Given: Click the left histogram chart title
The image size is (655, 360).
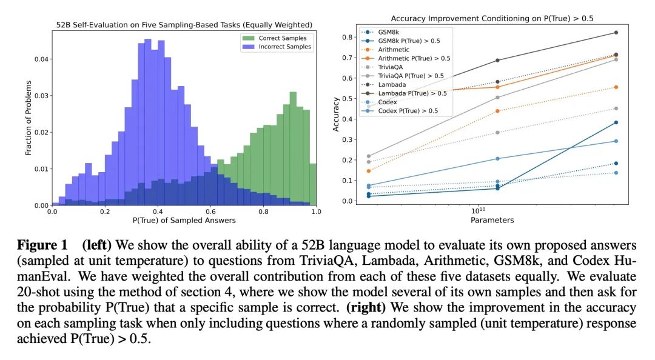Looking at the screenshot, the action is pos(184,25).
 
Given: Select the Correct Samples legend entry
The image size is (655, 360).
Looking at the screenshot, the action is pos(275,38).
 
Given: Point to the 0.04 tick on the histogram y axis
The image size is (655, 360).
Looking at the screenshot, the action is pos(41,59).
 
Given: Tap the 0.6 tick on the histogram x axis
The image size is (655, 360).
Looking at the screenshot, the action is pos(210,212).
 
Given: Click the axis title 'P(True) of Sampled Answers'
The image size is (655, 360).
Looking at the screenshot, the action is pos(184,221).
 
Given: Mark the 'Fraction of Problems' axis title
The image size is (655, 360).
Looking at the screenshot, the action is pos(29,118).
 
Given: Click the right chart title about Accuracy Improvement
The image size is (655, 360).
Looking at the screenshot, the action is pos(492,18).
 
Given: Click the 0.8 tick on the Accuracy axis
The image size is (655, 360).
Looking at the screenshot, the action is pos(347,37).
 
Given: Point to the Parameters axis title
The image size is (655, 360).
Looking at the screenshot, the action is pos(492,220).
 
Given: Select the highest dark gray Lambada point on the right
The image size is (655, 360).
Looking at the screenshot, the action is pos(616,33).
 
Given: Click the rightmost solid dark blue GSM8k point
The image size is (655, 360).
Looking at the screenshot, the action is pos(616,122).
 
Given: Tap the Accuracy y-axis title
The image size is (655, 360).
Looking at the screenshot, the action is pos(336,115).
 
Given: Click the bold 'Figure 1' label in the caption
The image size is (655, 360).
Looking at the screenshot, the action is pos(42,245).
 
